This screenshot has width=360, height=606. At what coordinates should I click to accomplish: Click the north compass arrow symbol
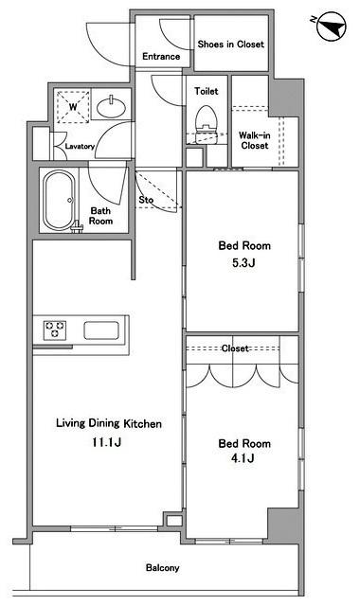[331, 26]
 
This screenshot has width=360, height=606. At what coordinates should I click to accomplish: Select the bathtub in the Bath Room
[59, 200]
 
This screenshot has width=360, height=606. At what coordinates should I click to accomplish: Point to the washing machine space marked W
[73, 106]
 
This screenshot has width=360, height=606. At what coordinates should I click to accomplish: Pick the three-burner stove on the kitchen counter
[55, 330]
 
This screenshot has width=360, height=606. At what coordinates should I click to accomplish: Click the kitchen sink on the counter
[101, 330]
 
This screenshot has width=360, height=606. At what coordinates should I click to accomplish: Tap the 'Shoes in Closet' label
[231, 45]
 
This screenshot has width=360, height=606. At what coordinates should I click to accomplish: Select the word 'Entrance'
[161, 57]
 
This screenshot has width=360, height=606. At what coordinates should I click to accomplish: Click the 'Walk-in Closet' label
[254, 140]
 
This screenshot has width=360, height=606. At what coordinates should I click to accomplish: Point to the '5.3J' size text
[243, 263]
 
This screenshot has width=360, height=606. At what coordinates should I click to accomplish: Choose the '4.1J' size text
[243, 458]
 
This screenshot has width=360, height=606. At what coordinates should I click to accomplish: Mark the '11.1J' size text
[106, 442]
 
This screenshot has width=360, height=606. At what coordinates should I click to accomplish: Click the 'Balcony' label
[162, 568]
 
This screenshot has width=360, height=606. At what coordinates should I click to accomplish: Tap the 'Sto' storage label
[146, 200]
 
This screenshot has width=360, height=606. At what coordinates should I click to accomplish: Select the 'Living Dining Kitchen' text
[109, 423]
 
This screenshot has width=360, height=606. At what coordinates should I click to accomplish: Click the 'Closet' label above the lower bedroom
[235, 348]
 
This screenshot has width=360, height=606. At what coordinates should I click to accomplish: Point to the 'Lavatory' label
[80, 147]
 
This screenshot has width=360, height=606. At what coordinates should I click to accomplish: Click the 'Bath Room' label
[101, 216]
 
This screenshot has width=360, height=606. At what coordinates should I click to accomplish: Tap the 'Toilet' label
[207, 91]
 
